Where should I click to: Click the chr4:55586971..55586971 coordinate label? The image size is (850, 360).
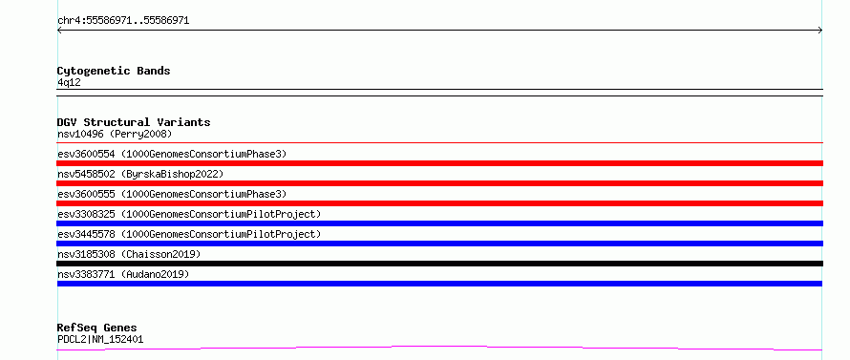click(123, 21)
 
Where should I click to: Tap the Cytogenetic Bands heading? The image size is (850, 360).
click(114, 71)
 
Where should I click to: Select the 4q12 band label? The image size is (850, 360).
click(69, 82)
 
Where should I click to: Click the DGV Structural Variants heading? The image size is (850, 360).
click(134, 122)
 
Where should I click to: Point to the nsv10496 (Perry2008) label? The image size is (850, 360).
click(115, 134)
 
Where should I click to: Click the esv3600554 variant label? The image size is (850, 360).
click(172, 154)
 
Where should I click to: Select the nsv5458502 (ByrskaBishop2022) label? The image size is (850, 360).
click(140, 174)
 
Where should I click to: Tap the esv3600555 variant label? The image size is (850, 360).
click(172, 194)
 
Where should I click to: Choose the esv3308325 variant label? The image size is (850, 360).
click(189, 214)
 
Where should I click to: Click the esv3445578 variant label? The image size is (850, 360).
click(189, 234)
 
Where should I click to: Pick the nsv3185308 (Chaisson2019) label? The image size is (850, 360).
click(129, 254)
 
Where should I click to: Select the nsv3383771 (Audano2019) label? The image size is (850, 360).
click(123, 274)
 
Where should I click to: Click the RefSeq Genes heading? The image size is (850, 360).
click(97, 328)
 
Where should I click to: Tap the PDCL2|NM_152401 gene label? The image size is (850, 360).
click(100, 339)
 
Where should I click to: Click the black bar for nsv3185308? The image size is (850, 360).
click(439, 264)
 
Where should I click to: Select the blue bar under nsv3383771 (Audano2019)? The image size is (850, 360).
click(439, 284)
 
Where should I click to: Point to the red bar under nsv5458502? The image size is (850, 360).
click(439, 183)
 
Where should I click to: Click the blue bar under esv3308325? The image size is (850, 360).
click(439, 223)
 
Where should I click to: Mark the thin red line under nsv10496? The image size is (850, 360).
click(439, 142)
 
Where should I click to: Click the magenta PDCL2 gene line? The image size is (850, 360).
click(439, 346)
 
